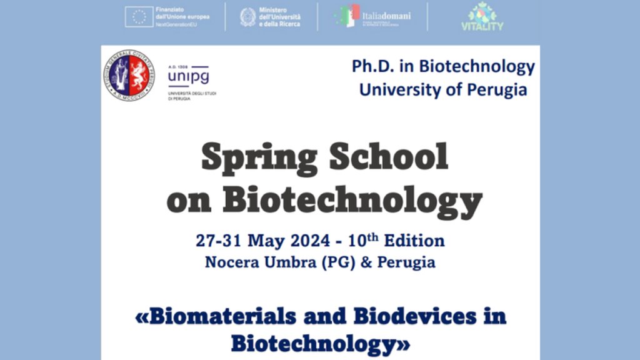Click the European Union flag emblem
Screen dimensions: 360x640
pos(139,17)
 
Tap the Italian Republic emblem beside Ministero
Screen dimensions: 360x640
pos(247,17)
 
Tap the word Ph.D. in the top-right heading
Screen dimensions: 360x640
pos(373,67)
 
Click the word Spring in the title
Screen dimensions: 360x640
pos(259,158)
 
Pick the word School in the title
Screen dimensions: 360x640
pos(389,158)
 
